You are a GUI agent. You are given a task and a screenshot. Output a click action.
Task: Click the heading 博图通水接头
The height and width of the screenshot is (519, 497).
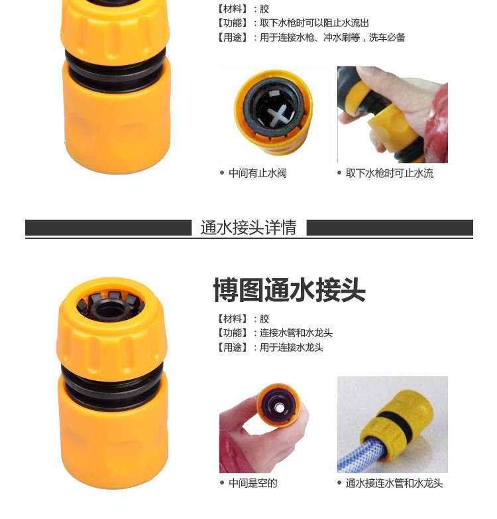tap(289, 290)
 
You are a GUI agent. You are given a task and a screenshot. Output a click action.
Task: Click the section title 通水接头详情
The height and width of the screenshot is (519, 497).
tap(248, 228)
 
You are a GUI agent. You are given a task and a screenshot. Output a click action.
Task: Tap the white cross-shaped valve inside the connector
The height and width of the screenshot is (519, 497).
tap(280, 115)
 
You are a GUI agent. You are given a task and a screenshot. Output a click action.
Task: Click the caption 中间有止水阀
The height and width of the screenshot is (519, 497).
tap(257, 173)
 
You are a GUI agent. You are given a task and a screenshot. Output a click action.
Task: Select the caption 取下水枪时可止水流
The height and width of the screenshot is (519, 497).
tap(389, 173)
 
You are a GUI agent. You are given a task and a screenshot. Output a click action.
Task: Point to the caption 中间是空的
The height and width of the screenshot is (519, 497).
tap(252, 483)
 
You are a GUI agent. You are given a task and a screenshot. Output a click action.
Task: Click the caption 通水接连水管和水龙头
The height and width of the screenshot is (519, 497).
tap(394, 483)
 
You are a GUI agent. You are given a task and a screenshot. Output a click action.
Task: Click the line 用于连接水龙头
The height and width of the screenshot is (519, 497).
tap(292, 347)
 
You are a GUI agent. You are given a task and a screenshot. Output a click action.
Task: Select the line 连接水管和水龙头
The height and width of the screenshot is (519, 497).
tap(296, 333)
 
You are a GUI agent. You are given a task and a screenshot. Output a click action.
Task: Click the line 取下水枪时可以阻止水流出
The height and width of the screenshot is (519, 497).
tap(314, 23)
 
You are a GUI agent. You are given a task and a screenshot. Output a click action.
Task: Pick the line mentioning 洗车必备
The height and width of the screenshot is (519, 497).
tap(311, 37)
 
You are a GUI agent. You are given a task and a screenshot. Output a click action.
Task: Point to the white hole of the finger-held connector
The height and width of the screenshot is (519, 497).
tap(280, 408)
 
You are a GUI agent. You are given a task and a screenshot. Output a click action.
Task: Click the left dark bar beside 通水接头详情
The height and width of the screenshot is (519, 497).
tap(109, 228)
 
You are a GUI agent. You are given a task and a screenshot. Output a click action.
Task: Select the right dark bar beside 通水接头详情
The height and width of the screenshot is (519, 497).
tap(390, 228)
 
